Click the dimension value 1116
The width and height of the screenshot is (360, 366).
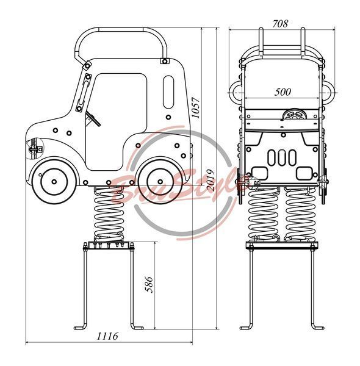click(107, 336)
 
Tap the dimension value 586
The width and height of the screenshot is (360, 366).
click(149, 284)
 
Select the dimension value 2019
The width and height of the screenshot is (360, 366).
click(211, 181)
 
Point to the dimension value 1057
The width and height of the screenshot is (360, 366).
click(196, 108)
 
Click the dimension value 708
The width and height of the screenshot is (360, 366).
click(280, 24)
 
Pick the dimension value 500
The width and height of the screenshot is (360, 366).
click(283, 92)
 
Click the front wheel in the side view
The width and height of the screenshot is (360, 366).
click(54, 182)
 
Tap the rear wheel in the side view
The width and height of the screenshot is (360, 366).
click(160, 182)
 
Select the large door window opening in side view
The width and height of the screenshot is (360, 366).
click(116, 121)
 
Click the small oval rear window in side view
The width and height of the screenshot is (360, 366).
click(168, 91)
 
